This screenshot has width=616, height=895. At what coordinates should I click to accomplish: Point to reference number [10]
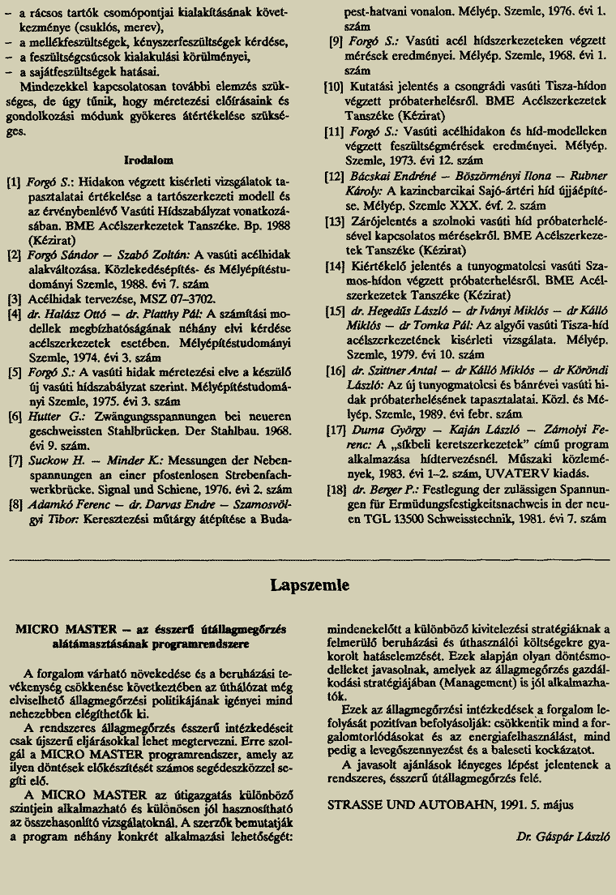point(333,86)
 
